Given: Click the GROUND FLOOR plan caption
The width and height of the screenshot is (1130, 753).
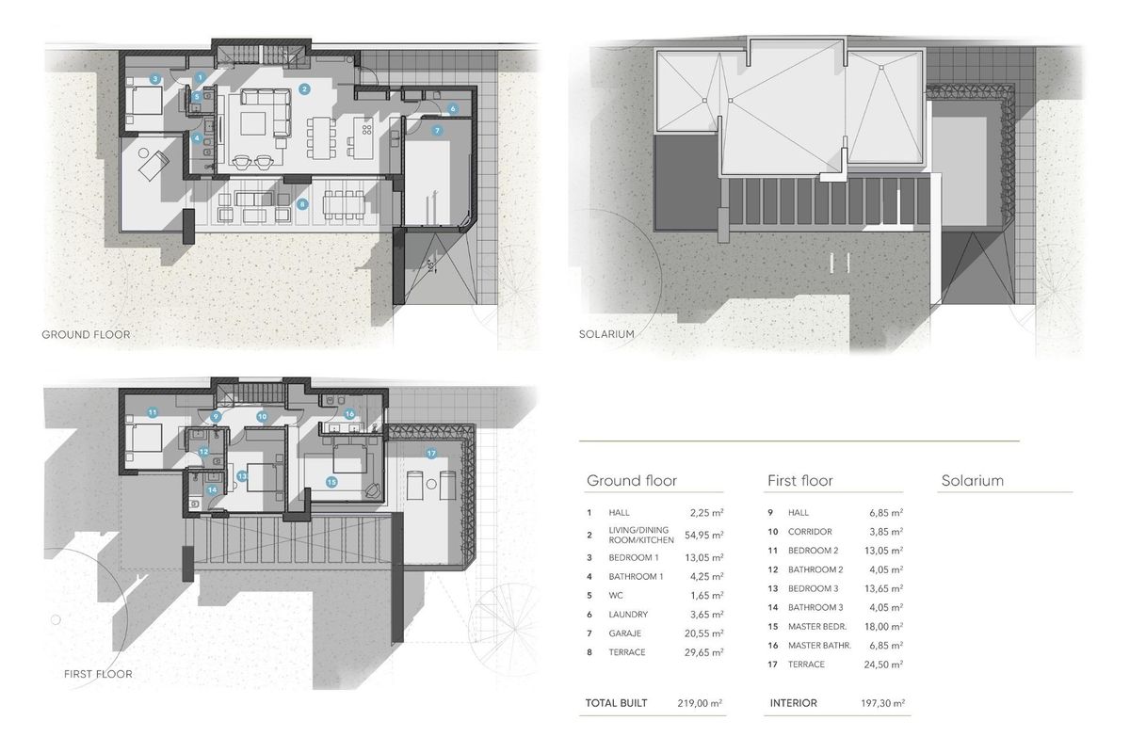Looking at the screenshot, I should (86, 334).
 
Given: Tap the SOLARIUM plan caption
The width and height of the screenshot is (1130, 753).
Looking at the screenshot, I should (607, 334).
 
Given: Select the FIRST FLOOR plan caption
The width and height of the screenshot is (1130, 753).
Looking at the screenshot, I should (98, 674).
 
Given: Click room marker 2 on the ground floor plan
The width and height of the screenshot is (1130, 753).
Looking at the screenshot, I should (304, 89).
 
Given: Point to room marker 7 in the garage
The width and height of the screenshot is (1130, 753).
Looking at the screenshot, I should (437, 131).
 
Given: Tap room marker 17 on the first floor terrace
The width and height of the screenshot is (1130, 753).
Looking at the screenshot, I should (431, 454).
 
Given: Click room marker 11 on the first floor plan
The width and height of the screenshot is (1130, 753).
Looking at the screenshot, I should (152, 412).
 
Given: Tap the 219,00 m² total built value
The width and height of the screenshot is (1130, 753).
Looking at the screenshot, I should (700, 703).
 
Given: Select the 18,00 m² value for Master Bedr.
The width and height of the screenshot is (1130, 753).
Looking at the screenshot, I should (886, 627).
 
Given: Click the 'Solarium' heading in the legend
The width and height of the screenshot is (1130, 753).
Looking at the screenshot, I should (972, 481).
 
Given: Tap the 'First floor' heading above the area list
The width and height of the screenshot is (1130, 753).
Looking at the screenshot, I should (801, 481).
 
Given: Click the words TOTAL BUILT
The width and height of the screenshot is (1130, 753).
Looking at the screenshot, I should (616, 703).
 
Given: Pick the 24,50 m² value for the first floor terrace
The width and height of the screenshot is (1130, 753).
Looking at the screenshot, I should (885, 665).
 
